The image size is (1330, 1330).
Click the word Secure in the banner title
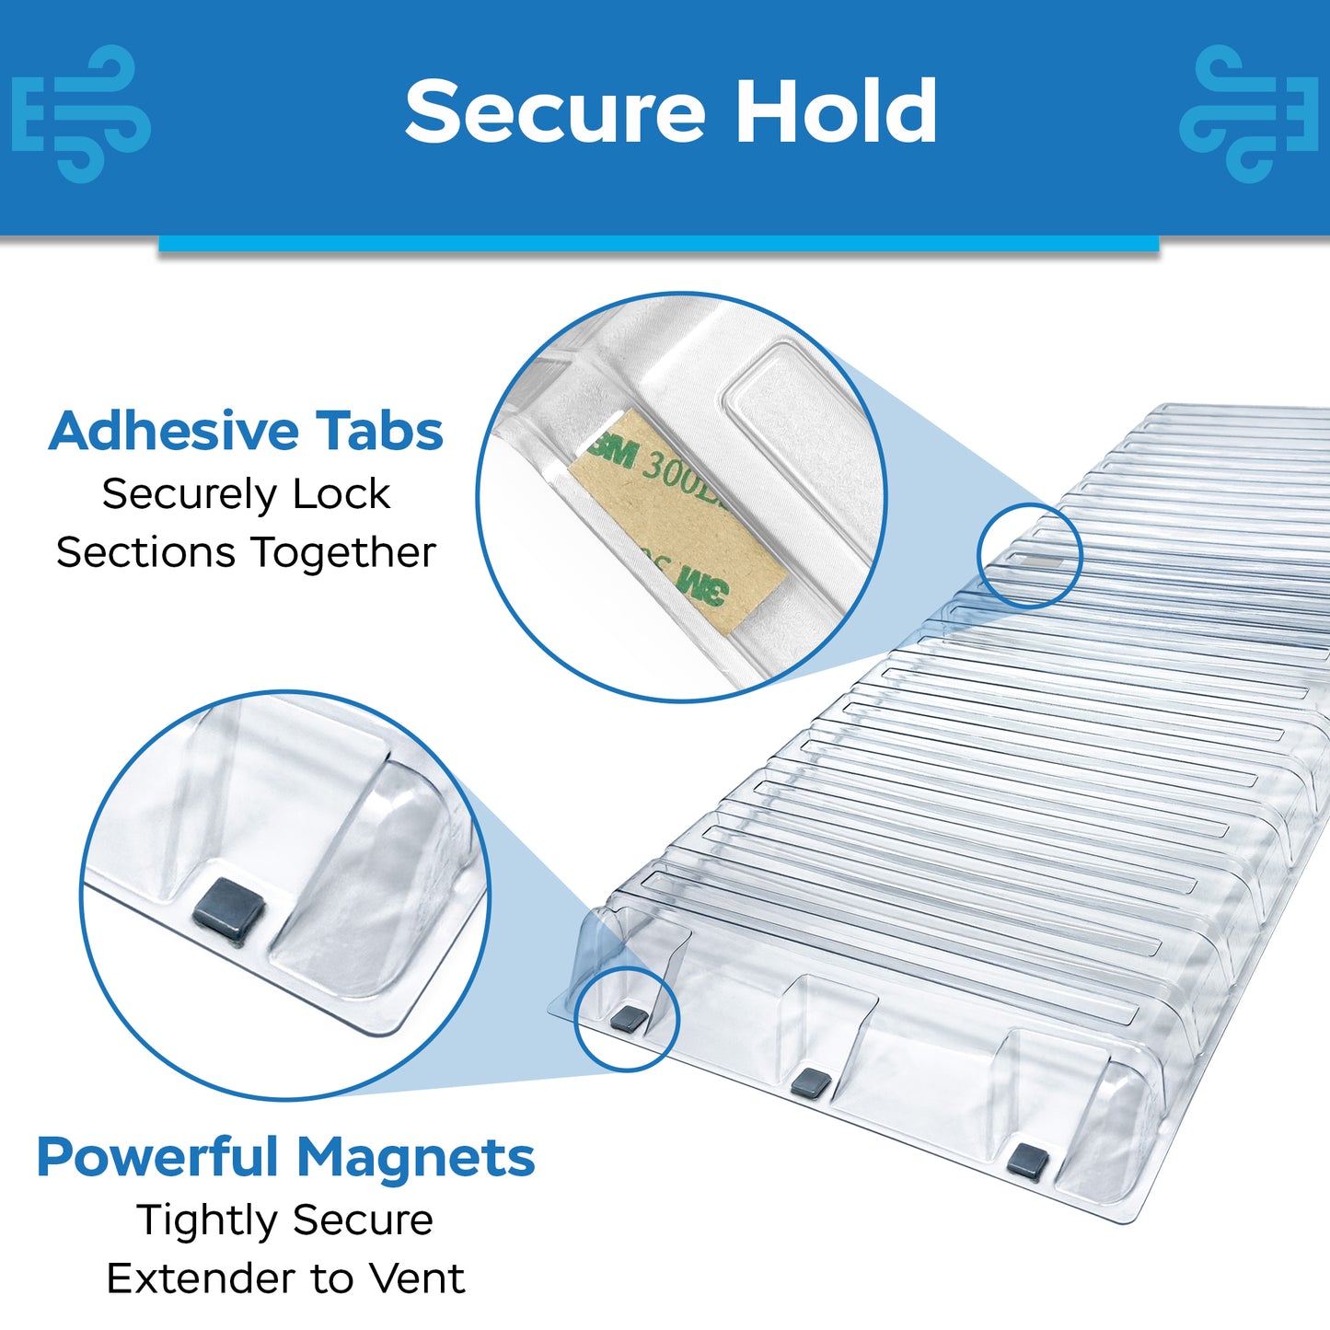click(x=556, y=110)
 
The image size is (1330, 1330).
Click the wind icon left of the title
click(x=81, y=114)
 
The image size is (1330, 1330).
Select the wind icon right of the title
click(x=1249, y=114)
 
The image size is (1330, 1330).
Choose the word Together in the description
click(x=343, y=553)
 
